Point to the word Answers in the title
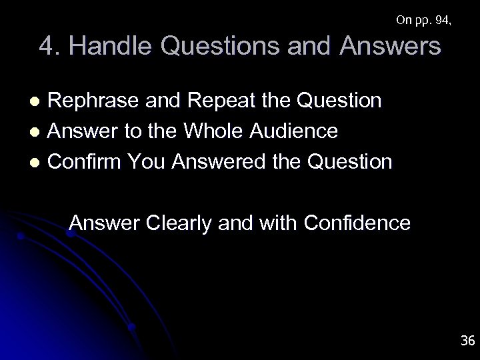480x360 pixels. click(387, 47)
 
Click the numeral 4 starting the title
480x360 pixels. click(47, 47)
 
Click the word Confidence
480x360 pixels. click(356, 223)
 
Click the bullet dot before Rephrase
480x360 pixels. click(39, 101)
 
